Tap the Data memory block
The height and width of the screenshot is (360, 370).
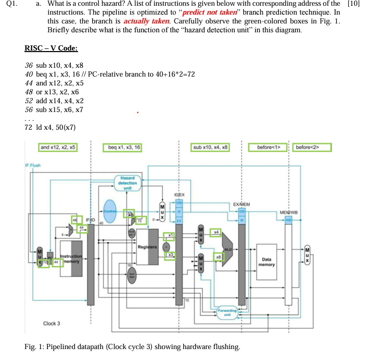coord(266,261)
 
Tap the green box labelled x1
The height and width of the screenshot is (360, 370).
coord(170,236)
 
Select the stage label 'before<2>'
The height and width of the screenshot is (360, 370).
coord(312,147)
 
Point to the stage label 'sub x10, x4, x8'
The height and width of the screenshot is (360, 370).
coord(211,147)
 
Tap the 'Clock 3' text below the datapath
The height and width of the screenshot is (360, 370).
coord(51,323)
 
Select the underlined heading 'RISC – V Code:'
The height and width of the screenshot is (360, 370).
coord(51,48)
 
